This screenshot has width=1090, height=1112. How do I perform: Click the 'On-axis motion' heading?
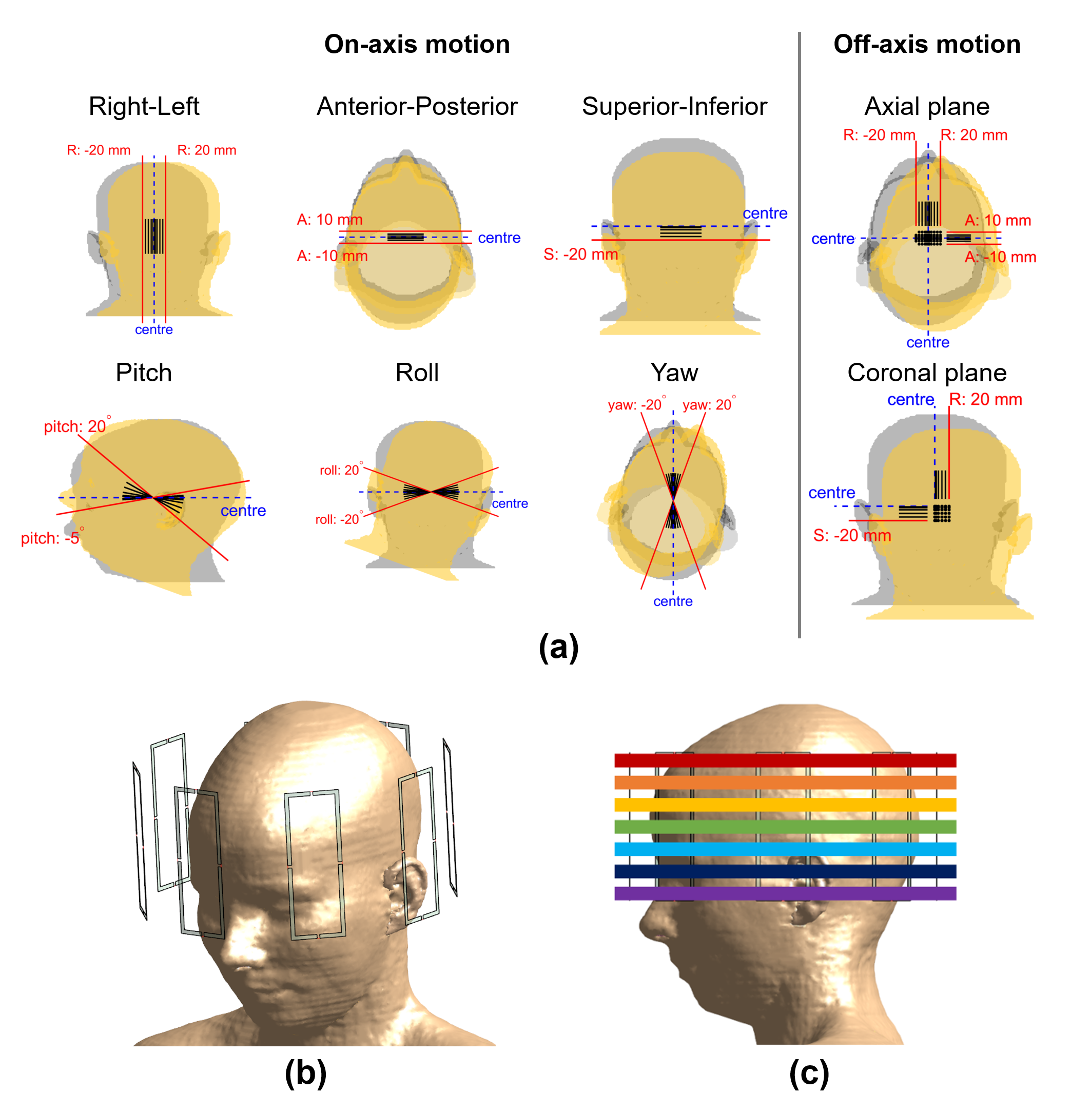[x=417, y=45]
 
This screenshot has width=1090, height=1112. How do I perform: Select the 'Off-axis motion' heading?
[x=926, y=45]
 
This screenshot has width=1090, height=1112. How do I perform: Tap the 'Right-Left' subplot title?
[x=144, y=106]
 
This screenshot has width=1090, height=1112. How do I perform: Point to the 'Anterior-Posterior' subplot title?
[x=417, y=106]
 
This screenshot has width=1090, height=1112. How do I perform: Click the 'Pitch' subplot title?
[x=144, y=373]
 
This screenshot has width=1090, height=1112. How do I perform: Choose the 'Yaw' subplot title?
[x=674, y=373]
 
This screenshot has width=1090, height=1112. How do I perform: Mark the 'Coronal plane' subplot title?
[x=926, y=373]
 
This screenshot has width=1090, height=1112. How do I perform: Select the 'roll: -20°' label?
[x=338, y=519]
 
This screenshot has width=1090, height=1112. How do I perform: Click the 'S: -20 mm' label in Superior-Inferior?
[x=580, y=254]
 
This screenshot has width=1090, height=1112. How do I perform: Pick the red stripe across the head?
[x=785, y=760]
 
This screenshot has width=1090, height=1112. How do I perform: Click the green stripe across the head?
[x=785, y=826]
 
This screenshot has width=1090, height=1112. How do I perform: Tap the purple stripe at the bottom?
[x=785, y=893]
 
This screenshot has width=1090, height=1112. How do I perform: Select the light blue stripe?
[x=785, y=849]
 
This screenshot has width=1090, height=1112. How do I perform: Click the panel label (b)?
[x=305, y=1072]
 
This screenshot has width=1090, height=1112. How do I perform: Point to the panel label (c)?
[x=808, y=1072]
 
